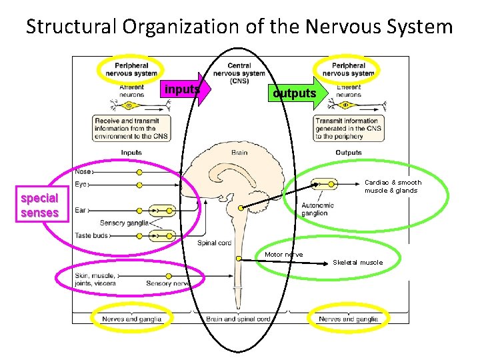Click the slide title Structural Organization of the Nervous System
(x=239, y=27)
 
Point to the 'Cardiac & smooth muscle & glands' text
(x=393, y=186)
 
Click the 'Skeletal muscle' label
(x=358, y=262)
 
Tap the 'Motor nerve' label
(x=283, y=254)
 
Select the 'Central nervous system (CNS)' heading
(x=239, y=73)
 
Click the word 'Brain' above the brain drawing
(x=239, y=153)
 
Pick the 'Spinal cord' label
(x=215, y=243)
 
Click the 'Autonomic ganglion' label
(x=317, y=209)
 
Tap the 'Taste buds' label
(x=92, y=235)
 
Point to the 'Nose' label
(x=83, y=171)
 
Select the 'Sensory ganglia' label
(x=124, y=223)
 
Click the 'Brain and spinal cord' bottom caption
(x=238, y=319)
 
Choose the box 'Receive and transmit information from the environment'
(x=131, y=128)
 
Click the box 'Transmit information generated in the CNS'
(x=347, y=128)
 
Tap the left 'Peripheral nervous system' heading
(x=136, y=69)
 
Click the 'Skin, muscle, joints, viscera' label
(x=96, y=279)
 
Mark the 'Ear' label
(x=80, y=210)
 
